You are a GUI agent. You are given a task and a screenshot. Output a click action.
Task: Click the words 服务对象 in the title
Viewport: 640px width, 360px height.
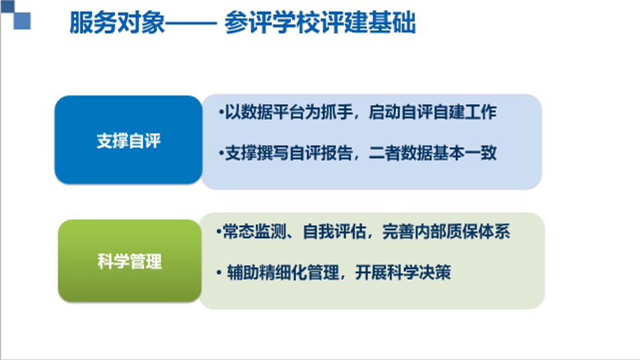pyautogui.click(x=117, y=22)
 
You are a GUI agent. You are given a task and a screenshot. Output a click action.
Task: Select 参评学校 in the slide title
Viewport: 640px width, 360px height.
pyautogui.click(x=272, y=22)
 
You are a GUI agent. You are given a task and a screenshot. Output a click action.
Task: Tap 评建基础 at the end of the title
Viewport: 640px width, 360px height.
pyautogui.click(x=368, y=22)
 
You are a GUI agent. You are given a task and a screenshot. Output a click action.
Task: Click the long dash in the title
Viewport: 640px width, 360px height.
pyautogui.click(x=191, y=23)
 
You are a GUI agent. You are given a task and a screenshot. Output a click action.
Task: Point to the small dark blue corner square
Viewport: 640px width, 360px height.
pyautogui.click(x=7, y=6)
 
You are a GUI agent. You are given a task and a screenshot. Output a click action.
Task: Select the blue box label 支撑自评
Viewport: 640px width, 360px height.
pyautogui.click(x=129, y=141)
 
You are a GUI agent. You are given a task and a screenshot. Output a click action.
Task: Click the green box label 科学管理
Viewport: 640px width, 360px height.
pyautogui.click(x=130, y=261)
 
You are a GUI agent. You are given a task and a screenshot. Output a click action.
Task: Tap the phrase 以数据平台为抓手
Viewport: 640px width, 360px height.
pyautogui.click(x=289, y=112)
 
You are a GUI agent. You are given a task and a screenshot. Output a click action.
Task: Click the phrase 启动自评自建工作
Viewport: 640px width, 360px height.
pyautogui.click(x=433, y=112)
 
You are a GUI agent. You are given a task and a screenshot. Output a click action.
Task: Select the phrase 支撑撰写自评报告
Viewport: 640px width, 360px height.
pyautogui.click(x=289, y=153)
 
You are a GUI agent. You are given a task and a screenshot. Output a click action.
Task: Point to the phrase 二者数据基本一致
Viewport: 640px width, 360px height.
pyautogui.click(x=433, y=153)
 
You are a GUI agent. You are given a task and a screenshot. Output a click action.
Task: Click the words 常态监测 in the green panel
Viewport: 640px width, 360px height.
pyautogui.click(x=255, y=232)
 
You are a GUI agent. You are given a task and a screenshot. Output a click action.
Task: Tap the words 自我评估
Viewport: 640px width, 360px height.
pyautogui.click(x=334, y=232)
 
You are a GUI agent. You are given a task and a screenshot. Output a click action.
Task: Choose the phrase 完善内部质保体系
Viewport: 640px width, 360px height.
pyautogui.click(x=446, y=232)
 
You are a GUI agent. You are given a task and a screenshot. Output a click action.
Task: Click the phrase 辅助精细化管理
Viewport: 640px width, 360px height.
pyautogui.click(x=283, y=272)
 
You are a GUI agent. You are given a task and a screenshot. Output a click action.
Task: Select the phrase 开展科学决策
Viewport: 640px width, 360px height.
pyautogui.click(x=403, y=272)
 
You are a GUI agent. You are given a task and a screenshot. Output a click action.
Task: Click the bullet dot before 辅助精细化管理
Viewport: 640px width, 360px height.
pyautogui.click(x=219, y=272)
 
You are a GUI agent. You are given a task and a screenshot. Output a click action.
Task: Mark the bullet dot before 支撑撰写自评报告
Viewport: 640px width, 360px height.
pyautogui.click(x=221, y=153)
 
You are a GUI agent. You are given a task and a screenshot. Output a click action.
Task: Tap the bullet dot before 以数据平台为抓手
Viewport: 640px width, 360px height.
pyautogui.click(x=221, y=112)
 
